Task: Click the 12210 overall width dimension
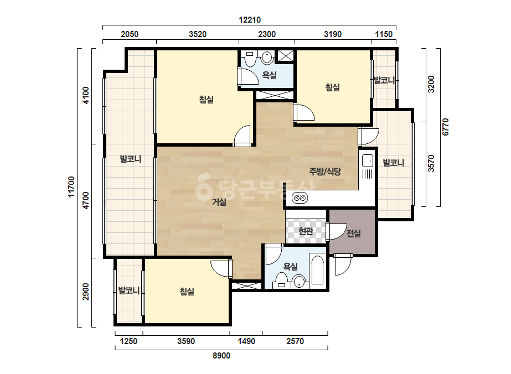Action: [250, 20]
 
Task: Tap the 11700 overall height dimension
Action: [71, 186]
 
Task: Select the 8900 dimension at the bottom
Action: [221, 355]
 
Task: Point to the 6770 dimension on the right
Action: [445, 127]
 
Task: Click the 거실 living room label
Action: [219, 202]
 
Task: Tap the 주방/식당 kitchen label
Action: [325, 172]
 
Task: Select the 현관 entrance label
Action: [306, 231]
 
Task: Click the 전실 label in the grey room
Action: [354, 233]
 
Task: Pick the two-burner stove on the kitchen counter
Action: [300, 198]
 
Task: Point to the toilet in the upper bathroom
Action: [250, 58]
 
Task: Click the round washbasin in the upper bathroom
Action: [267, 58]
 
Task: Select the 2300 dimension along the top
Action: [267, 34]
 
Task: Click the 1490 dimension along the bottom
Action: [246, 341]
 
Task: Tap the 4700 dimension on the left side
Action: [85, 201]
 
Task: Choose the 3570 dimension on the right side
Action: [431, 164]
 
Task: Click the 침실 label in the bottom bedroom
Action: [187, 291]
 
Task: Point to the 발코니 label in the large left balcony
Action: [131, 159]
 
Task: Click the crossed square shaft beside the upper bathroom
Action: [285, 56]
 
